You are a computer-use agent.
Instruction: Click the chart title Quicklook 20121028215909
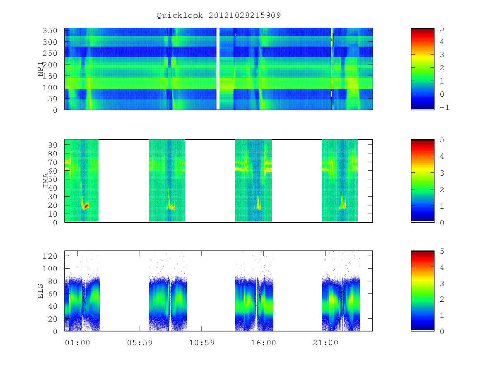[x=219, y=15]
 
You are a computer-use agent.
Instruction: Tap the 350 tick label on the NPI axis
[x=50, y=31]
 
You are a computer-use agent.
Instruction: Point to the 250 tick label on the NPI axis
[x=50, y=53]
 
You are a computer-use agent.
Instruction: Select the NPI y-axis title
[x=41, y=69]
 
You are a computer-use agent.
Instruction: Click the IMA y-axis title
[x=46, y=181]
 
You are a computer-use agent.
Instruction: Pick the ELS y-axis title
[x=40, y=291]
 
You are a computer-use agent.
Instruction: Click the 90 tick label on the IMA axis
[x=53, y=145]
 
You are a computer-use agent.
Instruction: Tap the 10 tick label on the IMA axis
[x=53, y=214]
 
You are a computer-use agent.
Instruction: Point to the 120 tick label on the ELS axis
[x=50, y=256]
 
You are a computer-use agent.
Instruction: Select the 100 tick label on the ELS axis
[x=50, y=269]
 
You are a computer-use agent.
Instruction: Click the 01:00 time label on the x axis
[x=78, y=343]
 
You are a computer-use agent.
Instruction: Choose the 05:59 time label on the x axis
[x=140, y=343]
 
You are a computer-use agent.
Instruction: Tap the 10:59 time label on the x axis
[x=202, y=343]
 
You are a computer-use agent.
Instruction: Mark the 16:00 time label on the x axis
[x=263, y=343]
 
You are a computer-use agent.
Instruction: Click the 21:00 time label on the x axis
[x=326, y=343]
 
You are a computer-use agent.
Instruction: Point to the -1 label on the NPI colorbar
[x=444, y=107]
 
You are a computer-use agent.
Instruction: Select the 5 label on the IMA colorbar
[x=442, y=140]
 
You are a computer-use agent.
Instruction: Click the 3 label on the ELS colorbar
[x=442, y=284]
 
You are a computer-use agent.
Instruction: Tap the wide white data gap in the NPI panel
[x=218, y=69]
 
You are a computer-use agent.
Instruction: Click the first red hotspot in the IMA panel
[x=86, y=206]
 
